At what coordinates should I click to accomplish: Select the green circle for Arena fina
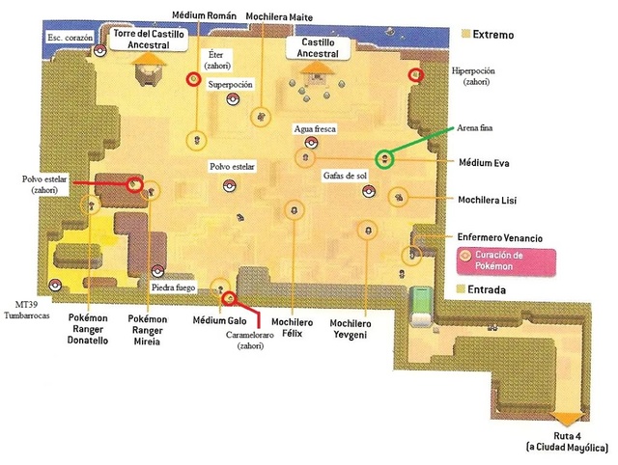point(384,157)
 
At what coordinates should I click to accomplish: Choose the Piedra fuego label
point(174,287)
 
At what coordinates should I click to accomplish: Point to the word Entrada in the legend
point(490,289)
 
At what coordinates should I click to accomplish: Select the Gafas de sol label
point(346,176)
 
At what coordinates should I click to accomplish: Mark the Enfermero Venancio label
point(500,237)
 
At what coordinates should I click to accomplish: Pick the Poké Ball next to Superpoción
point(231,104)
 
